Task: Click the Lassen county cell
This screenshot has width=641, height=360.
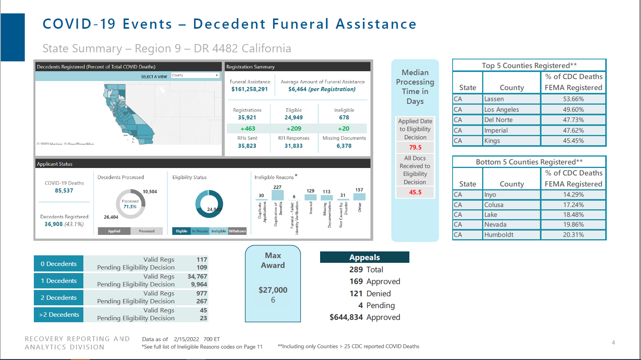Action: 511,99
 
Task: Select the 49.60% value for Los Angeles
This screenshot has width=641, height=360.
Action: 573,110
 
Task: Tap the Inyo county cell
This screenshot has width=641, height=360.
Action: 511,195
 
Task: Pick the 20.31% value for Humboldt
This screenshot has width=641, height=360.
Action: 573,235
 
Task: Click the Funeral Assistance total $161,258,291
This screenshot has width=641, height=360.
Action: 249,89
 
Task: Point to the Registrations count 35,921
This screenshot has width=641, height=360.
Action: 247,118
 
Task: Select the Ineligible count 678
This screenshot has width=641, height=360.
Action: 344,118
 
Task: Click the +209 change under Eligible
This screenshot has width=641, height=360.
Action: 294,129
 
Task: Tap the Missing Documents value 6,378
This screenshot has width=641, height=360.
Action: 344,146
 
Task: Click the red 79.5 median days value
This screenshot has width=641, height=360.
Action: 415,148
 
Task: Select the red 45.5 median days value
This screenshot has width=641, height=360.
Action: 415,192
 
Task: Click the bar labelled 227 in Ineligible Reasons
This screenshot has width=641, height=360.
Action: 278,195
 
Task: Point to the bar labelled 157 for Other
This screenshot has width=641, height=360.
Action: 359,197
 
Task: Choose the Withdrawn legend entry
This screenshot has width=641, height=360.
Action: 237,231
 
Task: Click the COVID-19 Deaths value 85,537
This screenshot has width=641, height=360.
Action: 64,191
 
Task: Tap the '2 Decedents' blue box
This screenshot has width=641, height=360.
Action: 59,298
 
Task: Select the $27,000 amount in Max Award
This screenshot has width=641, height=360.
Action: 273,290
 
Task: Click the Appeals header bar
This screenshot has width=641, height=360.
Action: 365,257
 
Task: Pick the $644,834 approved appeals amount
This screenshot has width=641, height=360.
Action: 346,318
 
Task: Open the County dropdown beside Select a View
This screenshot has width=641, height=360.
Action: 195,75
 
